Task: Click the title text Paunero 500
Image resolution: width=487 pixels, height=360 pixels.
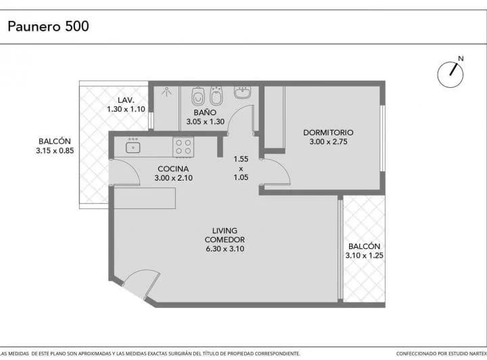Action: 48,26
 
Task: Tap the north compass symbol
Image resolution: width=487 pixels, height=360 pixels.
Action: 450,74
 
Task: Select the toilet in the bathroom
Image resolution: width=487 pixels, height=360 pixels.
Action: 198,96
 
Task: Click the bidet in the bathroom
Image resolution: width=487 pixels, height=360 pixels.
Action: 216,96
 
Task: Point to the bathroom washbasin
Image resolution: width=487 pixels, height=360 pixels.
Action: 242,93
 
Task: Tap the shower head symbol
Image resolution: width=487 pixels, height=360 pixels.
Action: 167,92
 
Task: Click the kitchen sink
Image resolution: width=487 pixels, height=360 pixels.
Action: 133,147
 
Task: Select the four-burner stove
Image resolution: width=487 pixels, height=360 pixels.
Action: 183,147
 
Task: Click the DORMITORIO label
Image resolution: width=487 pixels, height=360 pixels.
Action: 328,133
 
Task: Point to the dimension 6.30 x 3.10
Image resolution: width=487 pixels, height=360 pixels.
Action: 225,249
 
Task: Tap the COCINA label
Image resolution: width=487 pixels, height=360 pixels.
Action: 173,168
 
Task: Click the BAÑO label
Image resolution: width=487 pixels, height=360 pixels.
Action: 205,112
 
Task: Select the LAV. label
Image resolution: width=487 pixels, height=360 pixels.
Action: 126,100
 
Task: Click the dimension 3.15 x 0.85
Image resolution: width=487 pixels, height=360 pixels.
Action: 55,151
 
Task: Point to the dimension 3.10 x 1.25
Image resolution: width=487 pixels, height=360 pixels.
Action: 365,255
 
